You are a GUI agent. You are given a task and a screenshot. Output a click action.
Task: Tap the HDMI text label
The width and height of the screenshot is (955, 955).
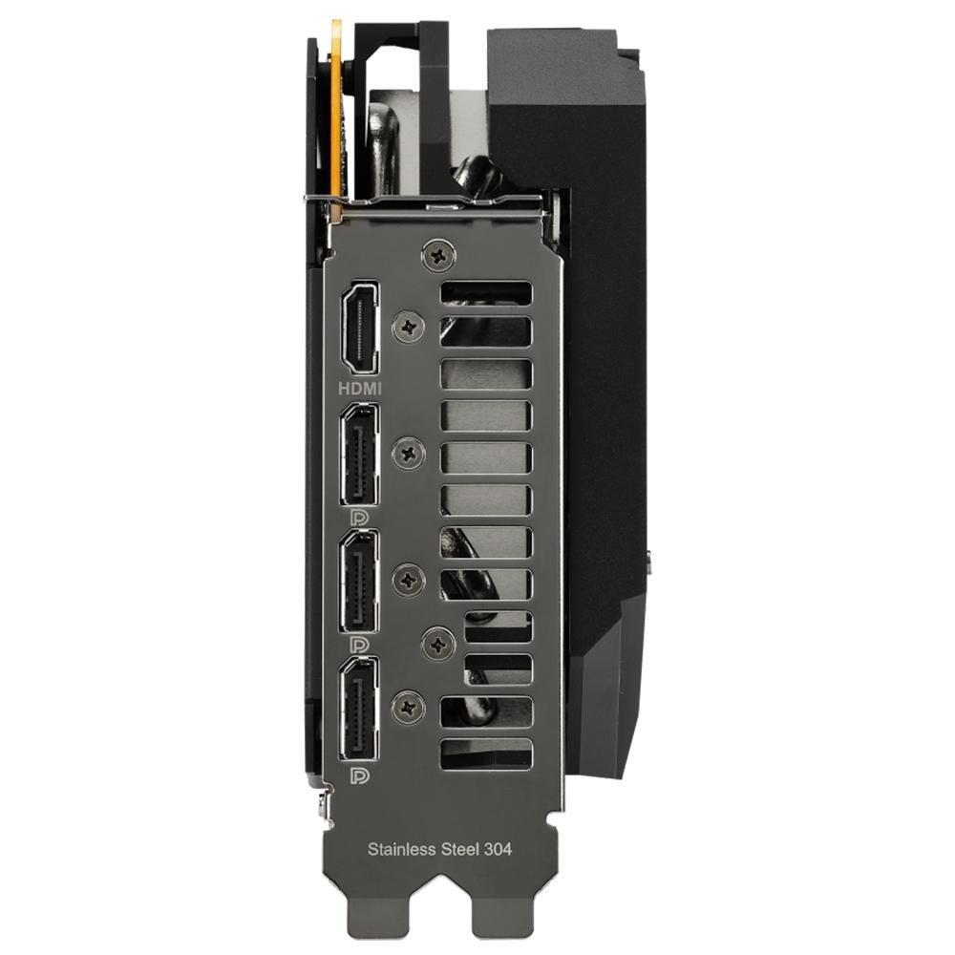[x=360, y=388]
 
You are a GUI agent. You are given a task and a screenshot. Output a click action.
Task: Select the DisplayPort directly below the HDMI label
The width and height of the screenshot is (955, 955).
[x=359, y=454]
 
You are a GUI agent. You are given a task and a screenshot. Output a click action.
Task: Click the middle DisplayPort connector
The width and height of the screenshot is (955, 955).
[x=359, y=582]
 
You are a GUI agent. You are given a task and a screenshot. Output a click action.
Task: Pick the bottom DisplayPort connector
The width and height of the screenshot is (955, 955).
[x=359, y=709]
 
